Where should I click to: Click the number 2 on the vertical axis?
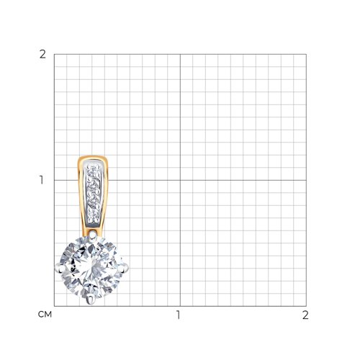(x=42, y=55)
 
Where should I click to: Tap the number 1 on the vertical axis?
(x=42, y=180)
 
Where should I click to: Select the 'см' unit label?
(x=45, y=315)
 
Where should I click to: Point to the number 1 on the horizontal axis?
(x=178, y=315)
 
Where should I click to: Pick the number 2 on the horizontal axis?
(x=305, y=315)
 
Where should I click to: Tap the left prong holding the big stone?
(x=60, y=268)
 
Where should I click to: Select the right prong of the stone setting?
(x=125, y=269)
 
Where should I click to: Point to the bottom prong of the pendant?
(x=91, y=300)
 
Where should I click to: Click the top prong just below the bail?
(x=93, y=234)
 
